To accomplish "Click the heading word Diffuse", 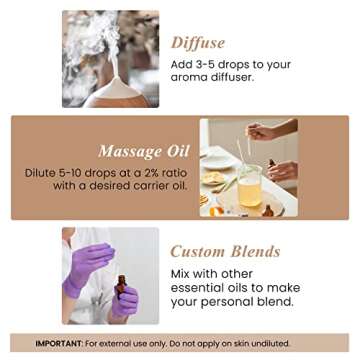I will pos(197,42).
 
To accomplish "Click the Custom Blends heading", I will pos(225,251).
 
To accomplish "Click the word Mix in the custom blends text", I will pos(184,274).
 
